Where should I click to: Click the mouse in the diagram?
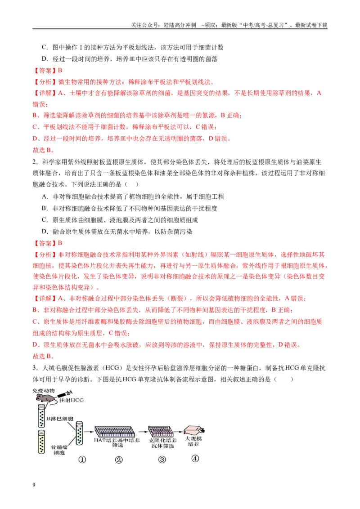point(43,397)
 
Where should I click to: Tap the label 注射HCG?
point(72,400)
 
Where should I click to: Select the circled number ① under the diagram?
point(82,460)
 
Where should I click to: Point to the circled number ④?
point(195,458)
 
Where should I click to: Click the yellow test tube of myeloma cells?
point(41,442)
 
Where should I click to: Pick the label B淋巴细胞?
point(60,419)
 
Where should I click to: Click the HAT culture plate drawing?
point(115,432)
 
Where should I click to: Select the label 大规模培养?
point(193,441)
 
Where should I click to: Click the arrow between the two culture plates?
point(142,432)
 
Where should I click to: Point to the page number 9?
point(34,485)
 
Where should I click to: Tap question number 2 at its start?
point(35,162)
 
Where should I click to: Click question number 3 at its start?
point(35,368)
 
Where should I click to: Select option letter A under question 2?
point(45,196)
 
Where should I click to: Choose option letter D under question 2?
point(45,232)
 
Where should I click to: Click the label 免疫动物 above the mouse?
point(44,390)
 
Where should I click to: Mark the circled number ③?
point(162,460)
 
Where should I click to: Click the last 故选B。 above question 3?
point(44,356)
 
